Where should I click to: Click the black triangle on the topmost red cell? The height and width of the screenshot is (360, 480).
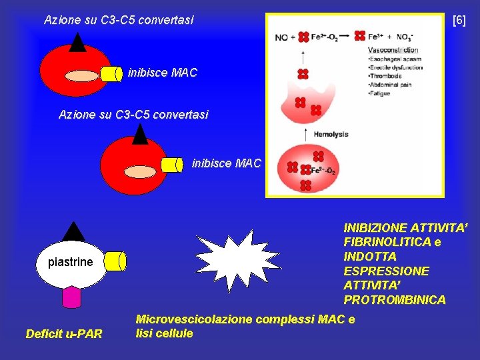tap(78, 42)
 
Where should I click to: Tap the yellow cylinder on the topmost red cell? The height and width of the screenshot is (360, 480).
tap(112, 73)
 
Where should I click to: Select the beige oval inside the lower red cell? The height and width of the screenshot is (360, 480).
tap(139, 171)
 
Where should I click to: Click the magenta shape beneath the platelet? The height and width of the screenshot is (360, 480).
tap(71, 297)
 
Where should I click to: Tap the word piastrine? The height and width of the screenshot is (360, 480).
tap(71, 262)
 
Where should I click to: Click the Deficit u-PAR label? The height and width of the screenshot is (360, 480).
tap(64, 333)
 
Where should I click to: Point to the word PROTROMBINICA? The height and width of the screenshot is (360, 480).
tap(395, 300)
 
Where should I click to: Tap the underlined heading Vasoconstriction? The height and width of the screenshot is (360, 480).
tap(393, 50)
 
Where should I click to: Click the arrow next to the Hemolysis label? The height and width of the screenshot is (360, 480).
tap(305, 134)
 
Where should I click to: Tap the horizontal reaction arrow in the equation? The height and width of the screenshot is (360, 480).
tap(346, 37)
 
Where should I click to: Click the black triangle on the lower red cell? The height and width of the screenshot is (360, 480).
tap(139, 134)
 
